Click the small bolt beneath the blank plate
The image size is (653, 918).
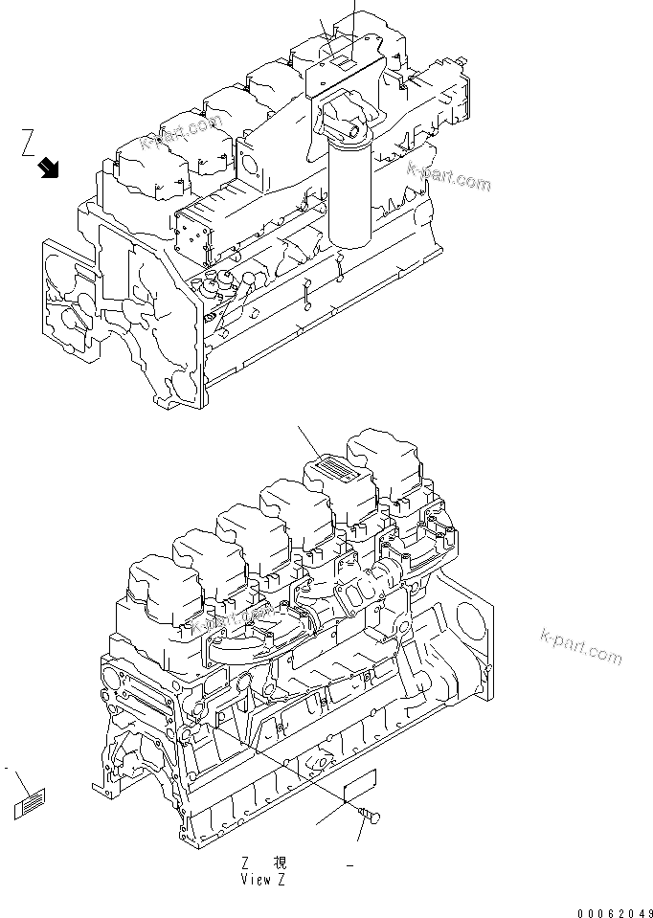369,816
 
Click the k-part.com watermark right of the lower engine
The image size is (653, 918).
581,646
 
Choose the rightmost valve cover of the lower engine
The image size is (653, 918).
388,459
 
